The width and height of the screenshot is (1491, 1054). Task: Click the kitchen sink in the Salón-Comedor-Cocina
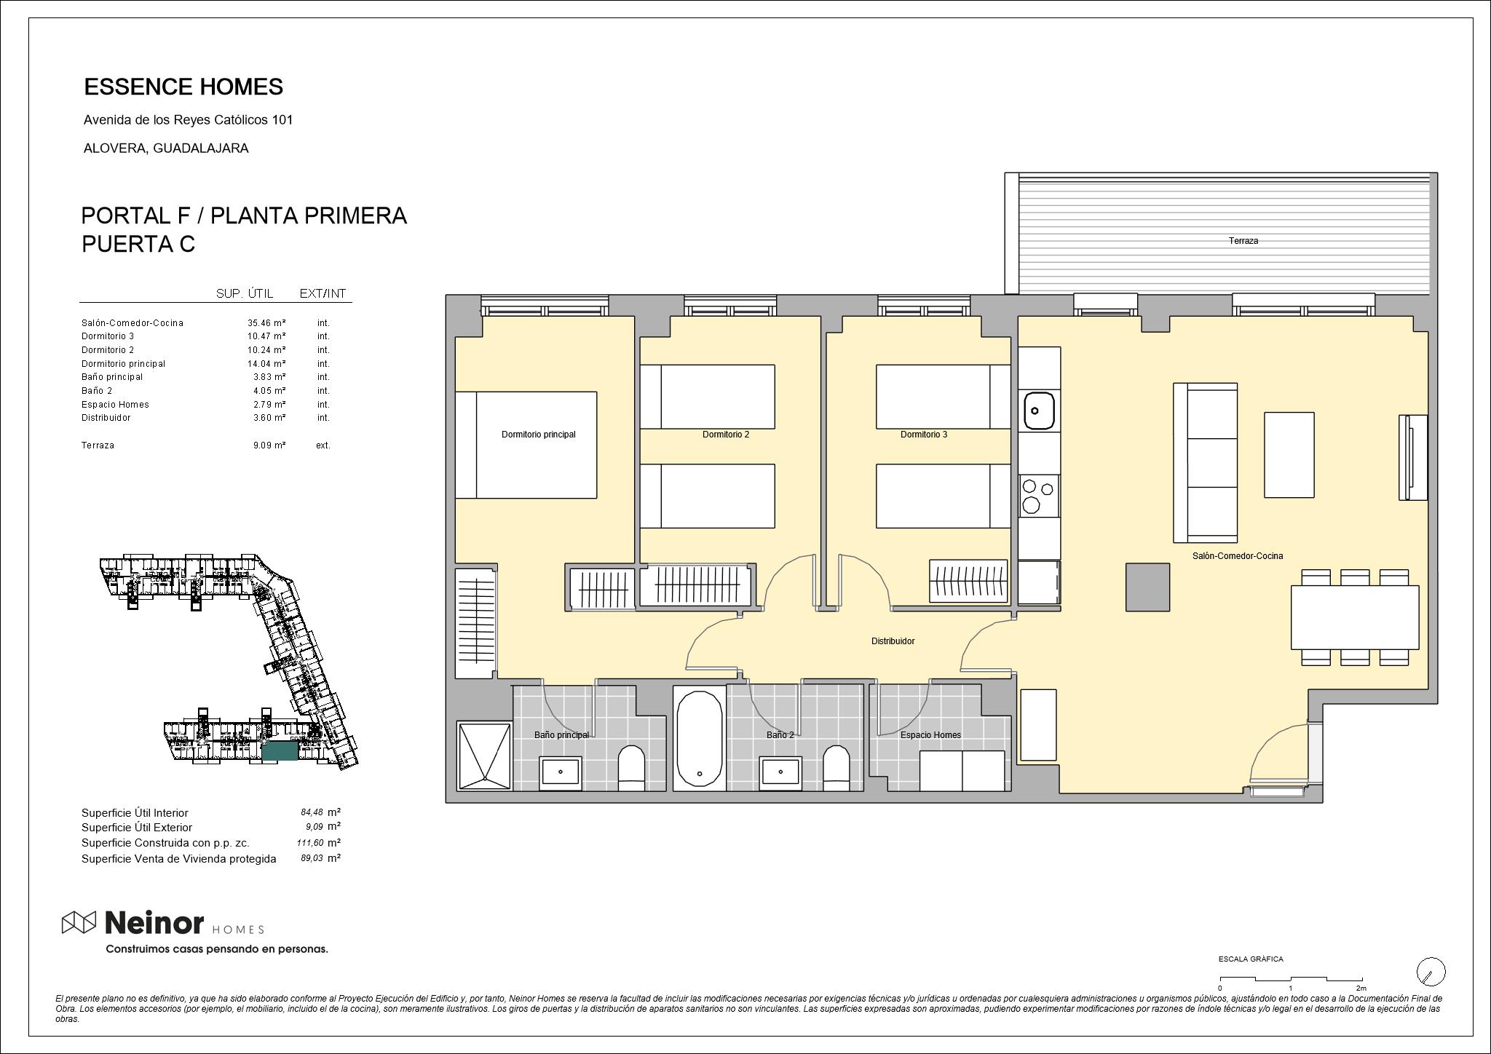click(x=1039, y=411)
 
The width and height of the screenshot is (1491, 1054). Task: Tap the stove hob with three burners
click(x=1039, y=496)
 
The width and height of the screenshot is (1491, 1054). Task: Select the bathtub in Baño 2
click(x=700, y=738)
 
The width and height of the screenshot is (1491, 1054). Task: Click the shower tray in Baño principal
click(x=484, y=755)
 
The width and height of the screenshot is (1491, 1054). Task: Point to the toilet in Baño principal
click(x=631, y=768)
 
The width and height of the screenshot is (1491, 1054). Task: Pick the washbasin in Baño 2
click(x=781, y=773)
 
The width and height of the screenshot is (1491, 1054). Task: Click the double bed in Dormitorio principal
click(x=526, y=445)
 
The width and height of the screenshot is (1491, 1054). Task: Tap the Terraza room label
click(x=1243, y=241)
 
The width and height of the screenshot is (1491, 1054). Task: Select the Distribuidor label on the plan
click(x=893, y=641)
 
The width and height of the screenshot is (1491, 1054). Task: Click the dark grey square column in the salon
click(x=1148, y=587)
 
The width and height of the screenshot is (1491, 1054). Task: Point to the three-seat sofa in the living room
click(x=1206, y=463)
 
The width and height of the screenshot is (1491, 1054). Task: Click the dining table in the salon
click(x=1355, y=617)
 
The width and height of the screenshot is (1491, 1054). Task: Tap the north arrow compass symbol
click(x=1431, y=971)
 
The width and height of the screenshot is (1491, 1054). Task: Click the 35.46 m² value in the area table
click(x=266, y=322)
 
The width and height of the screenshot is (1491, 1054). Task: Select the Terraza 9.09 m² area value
click(x=269, y=445)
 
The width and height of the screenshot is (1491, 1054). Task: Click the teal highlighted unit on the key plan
click(x=280, y=752)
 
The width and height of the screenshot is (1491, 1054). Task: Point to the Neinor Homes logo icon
click(x=79, y=922)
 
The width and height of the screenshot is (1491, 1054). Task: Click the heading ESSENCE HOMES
click(x=183, y=87)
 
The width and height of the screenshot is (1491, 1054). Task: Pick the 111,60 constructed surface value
click(x=310, y=843)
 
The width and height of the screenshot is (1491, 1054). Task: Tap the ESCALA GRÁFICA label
click(x=1251, y=959)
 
